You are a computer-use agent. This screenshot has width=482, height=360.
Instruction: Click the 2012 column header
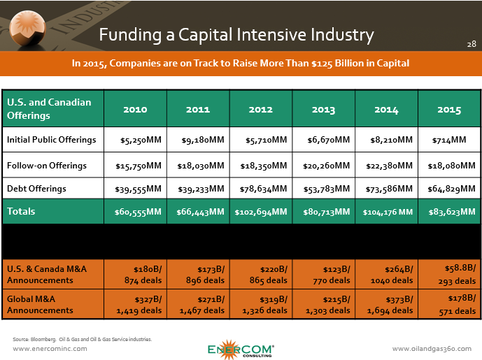pyautogui.click(x=261, y=110)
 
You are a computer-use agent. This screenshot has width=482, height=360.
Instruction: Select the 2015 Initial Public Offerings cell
pyautogui.click(x=449, y=140)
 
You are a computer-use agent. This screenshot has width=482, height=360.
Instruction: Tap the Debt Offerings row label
pyautogui.click(x=36, y=188)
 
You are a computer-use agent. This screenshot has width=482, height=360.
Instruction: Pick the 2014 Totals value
pyautogui.click(x=388, y=212)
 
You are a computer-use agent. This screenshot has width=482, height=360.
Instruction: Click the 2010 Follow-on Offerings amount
pyautogui.click(x=139, y=166)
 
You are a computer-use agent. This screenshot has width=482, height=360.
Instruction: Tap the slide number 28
pyautogui.click(x=472, y=44)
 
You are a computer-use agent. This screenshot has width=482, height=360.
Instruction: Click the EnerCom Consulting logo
pyautogui.click(x=241, y=350)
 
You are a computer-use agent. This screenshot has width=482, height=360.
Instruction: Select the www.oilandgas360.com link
pyautogui.click(x=432, y=349)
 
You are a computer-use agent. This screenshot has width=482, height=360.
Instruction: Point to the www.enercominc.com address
pyautogui.click(x=50, y=349)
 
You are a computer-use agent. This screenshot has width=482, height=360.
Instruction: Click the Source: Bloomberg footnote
pyautogui.click(x=82, y=339)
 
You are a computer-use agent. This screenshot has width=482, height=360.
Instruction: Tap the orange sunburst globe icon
pyautogui.click(x=28, y=29)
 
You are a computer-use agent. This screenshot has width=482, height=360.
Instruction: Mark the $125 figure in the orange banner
pyautogui.click(x=322, y=64)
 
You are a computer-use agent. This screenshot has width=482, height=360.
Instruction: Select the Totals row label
pyautogui.click(x=21, y=211)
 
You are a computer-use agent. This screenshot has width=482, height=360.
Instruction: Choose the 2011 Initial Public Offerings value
pyautogui.click(x=203, y=140)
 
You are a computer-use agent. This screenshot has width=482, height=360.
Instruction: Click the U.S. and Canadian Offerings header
pyautogui.click(x=49, y=109)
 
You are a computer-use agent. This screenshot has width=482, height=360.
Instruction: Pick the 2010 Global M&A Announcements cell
pyautogui.click(x=139, y=305)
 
